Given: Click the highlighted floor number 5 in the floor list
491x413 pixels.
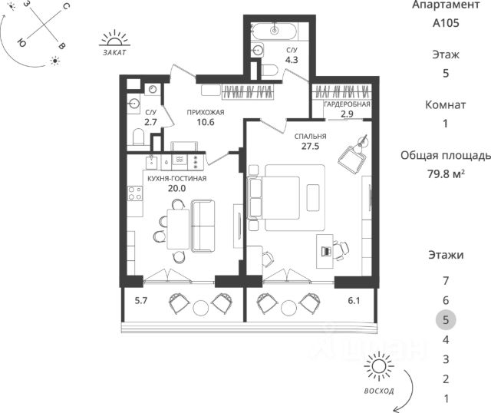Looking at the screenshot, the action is pos(446,320).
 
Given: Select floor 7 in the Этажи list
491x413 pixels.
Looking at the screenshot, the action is pos(446,281).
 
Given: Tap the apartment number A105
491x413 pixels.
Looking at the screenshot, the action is pos(446,23).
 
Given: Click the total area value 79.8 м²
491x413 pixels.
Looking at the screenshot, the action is pos(446,173).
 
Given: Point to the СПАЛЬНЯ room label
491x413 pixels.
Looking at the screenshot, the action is pos(310,137).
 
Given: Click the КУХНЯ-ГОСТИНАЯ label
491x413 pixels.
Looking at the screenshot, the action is pos(177,179).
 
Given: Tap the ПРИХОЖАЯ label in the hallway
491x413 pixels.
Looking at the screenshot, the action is pos(206,112).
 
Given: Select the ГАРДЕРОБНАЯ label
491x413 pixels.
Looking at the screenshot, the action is pos(347,104).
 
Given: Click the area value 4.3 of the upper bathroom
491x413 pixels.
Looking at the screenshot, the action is pos(292,60).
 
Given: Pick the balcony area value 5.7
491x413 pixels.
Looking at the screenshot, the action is pos(141,301).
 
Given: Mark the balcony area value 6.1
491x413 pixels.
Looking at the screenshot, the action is pos(354,301).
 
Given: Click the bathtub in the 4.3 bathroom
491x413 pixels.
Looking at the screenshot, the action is pos(275,31).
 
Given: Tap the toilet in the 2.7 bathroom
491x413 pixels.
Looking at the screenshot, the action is pos(138,137).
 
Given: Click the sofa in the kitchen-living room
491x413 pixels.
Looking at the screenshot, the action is pos(203,226).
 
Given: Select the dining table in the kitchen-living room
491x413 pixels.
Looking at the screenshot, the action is pos(178,229).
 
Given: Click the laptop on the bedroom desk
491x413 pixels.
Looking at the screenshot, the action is pos(326,251).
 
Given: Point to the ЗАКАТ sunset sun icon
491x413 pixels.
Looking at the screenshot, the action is pos(114,38).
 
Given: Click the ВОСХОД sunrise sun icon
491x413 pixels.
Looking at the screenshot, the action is pos(378,367).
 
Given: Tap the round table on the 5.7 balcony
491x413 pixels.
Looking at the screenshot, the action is pos(201,308).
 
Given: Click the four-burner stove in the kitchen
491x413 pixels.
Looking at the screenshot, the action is pos(135,193).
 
